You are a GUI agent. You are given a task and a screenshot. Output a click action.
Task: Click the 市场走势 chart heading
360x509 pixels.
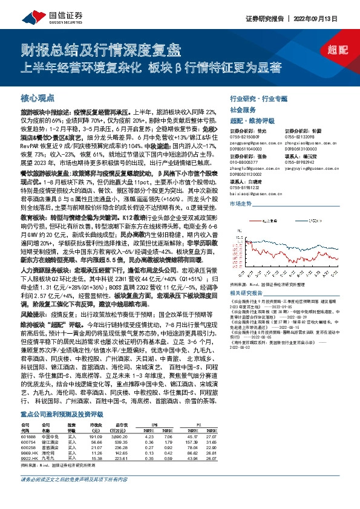240,205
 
